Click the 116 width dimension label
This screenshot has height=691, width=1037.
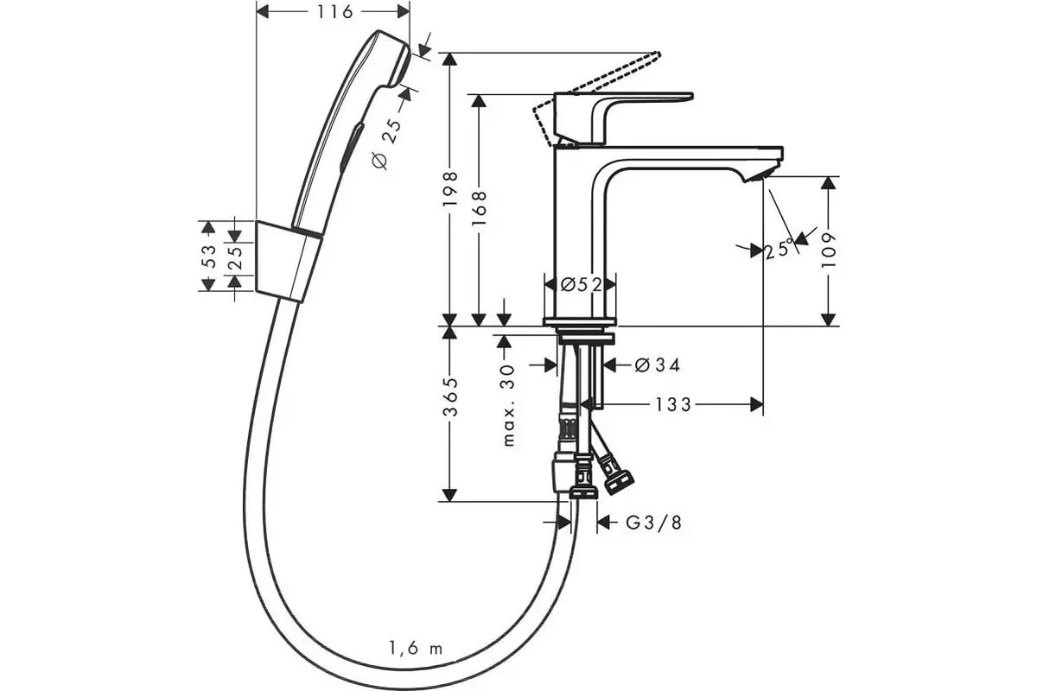(334, 11)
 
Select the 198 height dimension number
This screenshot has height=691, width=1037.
(450, 189)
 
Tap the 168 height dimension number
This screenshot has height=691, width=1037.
(479, 208)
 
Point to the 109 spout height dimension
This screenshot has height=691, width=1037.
(829, 250)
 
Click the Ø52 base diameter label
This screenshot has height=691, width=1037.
(581, 284)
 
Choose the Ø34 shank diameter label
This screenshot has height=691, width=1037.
(657, 365)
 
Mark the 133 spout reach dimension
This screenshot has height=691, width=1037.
(673, 404)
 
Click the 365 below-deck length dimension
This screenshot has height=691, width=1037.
(450, 397)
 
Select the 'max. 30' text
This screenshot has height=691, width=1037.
(508, 405)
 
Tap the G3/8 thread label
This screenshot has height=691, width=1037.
(653, 523)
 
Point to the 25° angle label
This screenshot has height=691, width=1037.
(779, 250)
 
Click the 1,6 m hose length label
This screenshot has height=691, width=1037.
(416, 649)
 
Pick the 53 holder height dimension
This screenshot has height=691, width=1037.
(209, 256)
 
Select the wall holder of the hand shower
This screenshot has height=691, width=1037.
(288, 262)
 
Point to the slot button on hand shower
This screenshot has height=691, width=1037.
(351, 146)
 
